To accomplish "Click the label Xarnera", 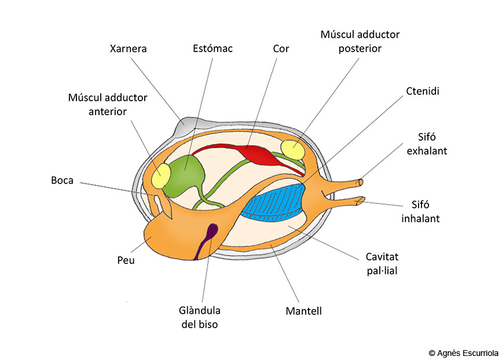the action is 128,49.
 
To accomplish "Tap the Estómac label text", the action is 212,48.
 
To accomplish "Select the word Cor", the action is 281,49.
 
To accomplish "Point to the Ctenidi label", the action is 423,91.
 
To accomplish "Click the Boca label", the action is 62,181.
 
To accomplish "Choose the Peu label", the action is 126,260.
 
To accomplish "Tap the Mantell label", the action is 303,311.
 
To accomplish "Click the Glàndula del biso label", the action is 199,317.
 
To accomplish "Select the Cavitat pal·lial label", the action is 382,264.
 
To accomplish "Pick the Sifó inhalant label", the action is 420,211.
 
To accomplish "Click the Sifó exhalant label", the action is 427,144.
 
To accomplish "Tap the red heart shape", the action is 256,154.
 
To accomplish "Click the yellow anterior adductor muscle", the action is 161,175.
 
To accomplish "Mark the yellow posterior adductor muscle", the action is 292,150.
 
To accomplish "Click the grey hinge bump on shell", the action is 184,126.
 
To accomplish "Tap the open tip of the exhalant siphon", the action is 361,182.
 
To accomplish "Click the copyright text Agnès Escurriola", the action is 464,353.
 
